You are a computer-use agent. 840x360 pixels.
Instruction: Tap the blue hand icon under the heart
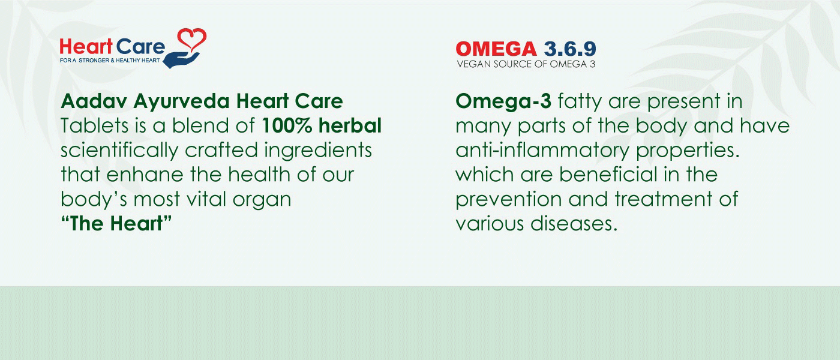point(181,60)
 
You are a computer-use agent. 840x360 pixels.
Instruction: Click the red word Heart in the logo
point(86,47)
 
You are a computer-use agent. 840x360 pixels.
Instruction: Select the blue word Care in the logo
point(140,47)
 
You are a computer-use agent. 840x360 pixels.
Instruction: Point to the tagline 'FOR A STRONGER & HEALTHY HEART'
point(110,61)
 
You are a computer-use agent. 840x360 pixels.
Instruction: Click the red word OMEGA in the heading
point(496,49)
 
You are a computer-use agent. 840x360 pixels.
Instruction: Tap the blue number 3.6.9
point(569,49)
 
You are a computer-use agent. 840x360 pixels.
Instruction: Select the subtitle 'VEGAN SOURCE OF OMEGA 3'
point(526,64)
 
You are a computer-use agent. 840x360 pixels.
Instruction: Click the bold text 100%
point(287,125)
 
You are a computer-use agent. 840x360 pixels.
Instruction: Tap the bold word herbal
point(350,125)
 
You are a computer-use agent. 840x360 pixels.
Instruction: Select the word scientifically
point(119,151)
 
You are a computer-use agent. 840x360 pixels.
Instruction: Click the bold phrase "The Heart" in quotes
point(116,223)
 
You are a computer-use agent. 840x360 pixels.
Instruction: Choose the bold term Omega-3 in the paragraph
point(503,101)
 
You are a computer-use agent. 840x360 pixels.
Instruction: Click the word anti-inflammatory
point(542,151)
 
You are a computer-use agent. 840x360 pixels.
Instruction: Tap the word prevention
point(509,199)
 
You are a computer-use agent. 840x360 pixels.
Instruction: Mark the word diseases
point(574,223)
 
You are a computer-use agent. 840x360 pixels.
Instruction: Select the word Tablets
point(95,125)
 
